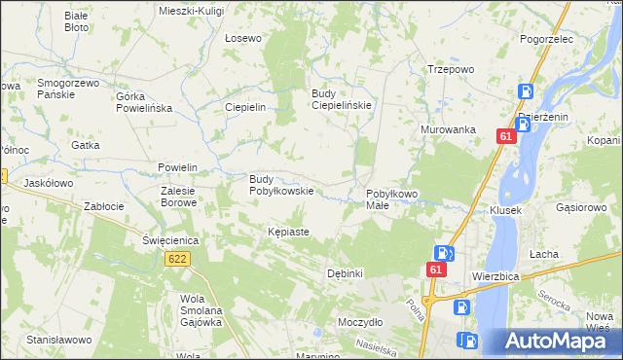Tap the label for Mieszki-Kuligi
[191, 10]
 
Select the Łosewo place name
[243, 39]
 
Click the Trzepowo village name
[451, 70]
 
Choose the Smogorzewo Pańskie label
[68, 90]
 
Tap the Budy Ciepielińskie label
[342, 100]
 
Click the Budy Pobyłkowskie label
[281, 185]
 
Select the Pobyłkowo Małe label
[391, 199]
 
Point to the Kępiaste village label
[288, 233]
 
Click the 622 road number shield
[177, 259]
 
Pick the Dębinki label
[346, 273]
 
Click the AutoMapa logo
[551, 342]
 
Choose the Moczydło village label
[360, 321]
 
